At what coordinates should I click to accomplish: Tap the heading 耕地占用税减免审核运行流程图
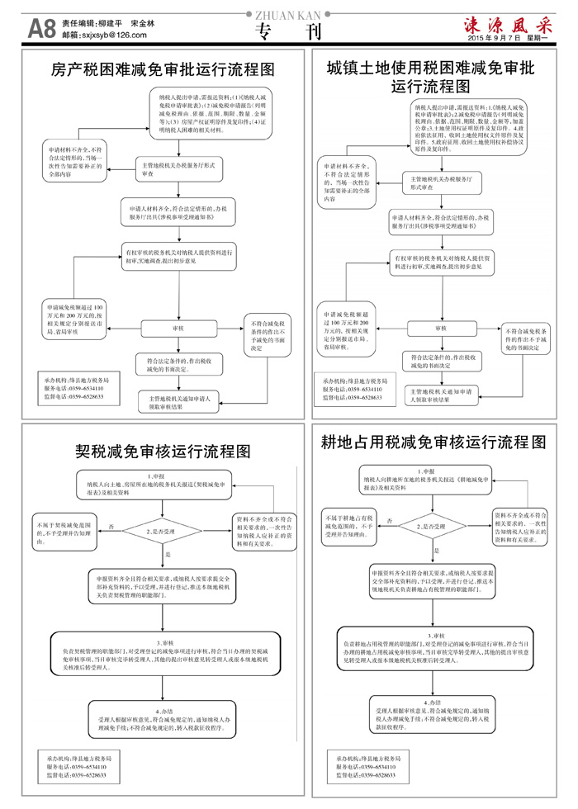click(x=433, y=442)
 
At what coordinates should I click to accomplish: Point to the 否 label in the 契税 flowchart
click(x=111, y=525)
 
